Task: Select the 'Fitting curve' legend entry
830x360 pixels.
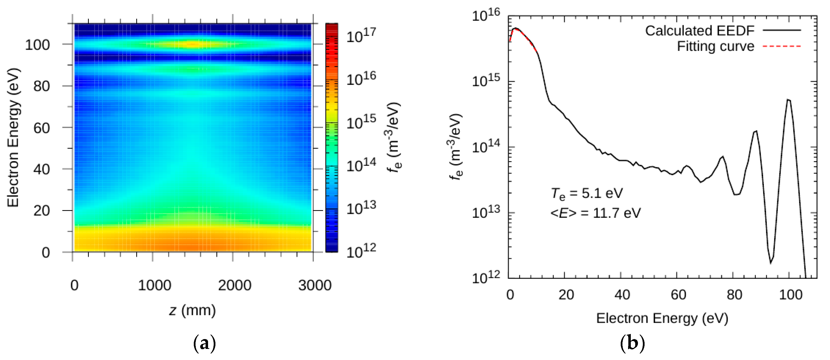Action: click(715, 47)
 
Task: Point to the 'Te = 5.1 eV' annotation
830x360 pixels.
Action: click(587, 193)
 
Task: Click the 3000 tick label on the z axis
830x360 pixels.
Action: click(315, 285)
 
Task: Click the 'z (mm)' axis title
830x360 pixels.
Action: click(192, 310)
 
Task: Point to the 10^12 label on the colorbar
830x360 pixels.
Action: click(361, 251)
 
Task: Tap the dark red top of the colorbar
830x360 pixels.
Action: click(332, 27)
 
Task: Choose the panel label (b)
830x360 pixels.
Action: click(632, 344)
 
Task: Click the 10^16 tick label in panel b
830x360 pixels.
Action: click(486, 15)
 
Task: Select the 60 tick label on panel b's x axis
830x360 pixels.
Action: click(678, 295)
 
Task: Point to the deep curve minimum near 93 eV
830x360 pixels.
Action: click(771, 263)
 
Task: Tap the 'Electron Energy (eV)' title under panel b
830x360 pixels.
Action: click(662, 318)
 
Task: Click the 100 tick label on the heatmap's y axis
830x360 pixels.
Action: click(37, 45)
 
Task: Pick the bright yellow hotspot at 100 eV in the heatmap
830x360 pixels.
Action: click(193, 44)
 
